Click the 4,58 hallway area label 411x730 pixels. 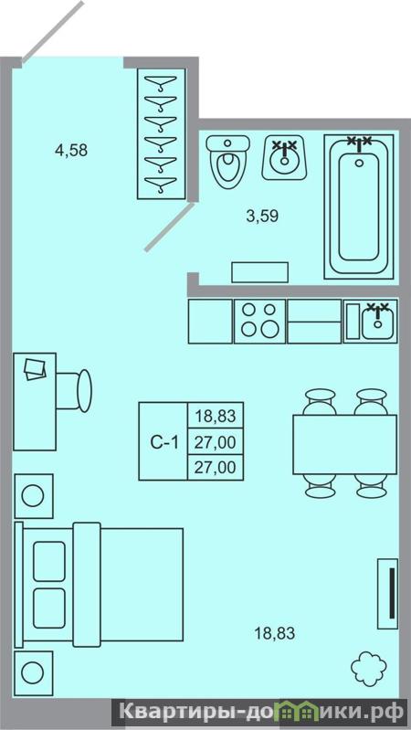click(71, 151)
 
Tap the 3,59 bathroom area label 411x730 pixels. click(262, 216)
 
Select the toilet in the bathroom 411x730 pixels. click(227, 162)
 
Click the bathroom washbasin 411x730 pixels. click(284, 158)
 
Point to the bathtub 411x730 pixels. click(358, 206)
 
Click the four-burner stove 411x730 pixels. click(259, 322)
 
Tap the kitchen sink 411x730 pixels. click(378, 322)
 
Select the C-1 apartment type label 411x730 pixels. click(163, 442)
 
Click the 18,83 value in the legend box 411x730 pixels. click(215, 415)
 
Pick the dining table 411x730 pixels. click(344, 444)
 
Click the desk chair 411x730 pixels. click(75, 391)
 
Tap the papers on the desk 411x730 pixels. click(35, 369)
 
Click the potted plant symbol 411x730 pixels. click(369, 668)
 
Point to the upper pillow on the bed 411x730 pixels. click(49, 561)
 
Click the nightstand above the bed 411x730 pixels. click(34, 496)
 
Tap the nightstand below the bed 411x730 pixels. click(34, 672)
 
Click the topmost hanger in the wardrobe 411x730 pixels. click(161, 82)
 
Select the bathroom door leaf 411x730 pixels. click(169, 227)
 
